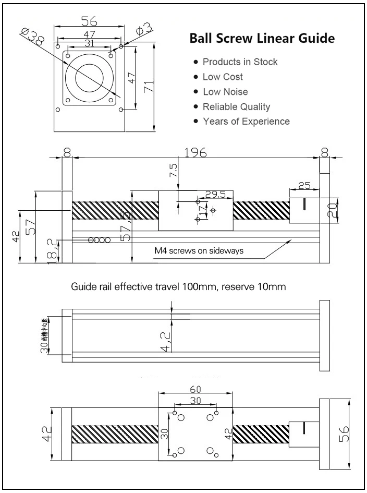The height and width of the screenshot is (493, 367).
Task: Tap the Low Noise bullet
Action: point(225,92)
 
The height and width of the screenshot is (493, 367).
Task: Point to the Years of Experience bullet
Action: point(246,122)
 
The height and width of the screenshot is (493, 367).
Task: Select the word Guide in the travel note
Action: point(81,287)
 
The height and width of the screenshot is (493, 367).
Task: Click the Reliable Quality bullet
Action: point(236,107)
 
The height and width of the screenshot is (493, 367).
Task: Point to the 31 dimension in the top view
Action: point(89,43)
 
